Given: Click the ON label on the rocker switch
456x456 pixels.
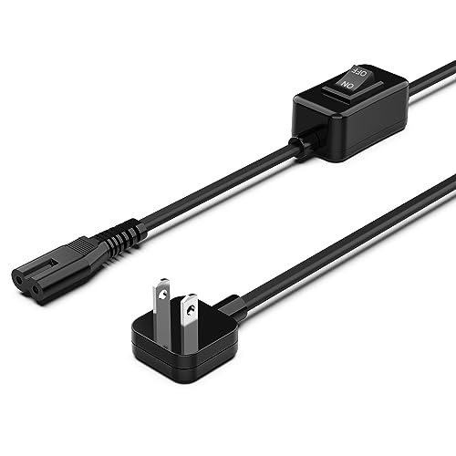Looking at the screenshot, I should click(347, 82).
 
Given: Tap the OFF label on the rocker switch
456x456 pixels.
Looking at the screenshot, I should click(362, 70).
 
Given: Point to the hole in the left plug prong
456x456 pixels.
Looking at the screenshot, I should click(161, 294).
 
